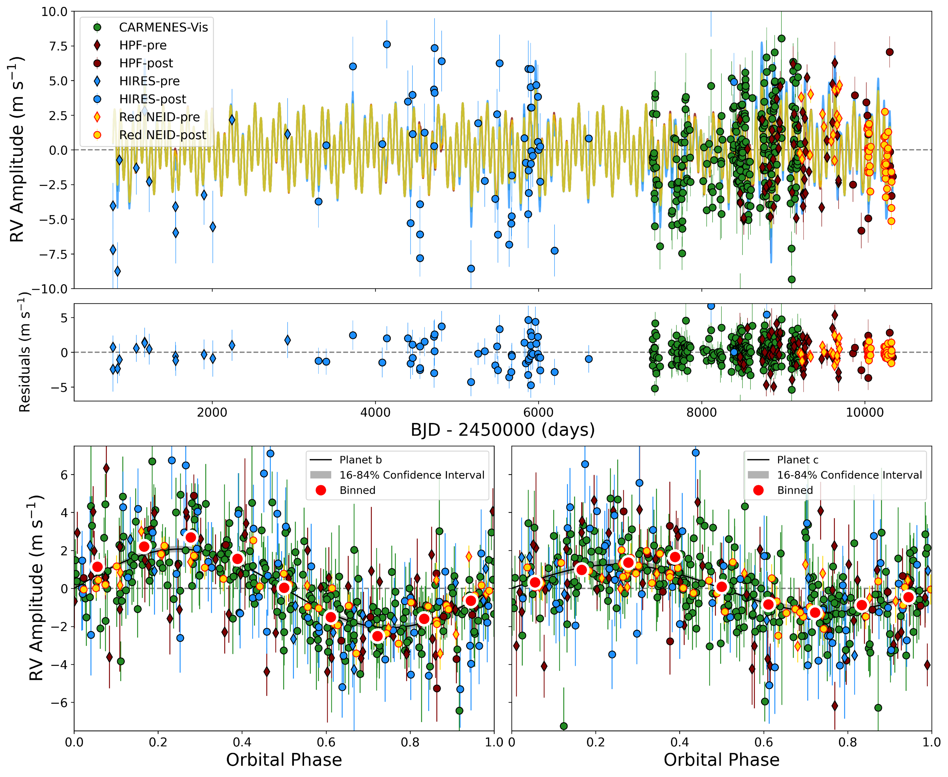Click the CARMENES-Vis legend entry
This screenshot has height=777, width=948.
[x=163, y=27]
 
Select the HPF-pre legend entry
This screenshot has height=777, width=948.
[x=142, y=45]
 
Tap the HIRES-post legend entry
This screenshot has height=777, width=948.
[x=152, y=99]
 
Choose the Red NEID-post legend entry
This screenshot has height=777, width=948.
[x=162, y=135]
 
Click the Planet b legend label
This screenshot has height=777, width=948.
[x=360, y=460]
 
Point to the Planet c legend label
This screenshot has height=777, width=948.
[x=797, y=460]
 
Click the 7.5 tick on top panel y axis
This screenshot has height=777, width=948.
[x=54, y=46]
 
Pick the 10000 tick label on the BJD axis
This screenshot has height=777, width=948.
[x=864, y=412]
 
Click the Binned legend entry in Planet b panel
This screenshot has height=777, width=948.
[x=357, y=490]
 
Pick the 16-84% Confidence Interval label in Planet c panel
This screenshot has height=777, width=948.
[x=849, y=475]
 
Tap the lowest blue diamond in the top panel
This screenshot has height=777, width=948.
[x=117, y=271]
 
